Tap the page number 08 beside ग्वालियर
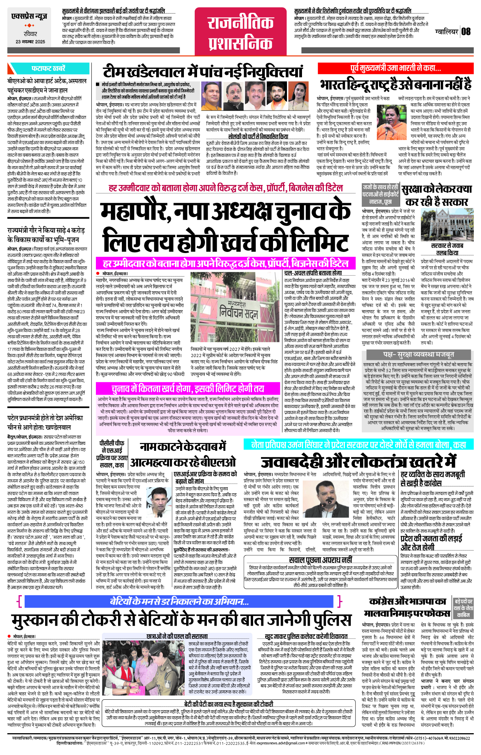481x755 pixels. click(x=466, y=31)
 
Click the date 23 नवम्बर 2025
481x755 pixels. click(x=30, y=42)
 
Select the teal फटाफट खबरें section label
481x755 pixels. click(x=48, y=68)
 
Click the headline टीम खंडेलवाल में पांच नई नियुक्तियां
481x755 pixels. click(x=203, y=72)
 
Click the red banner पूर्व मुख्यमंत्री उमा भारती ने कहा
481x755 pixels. click(x=395, y=68)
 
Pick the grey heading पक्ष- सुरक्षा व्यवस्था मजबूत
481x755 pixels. click(x=418, y=354)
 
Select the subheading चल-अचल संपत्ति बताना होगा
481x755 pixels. click(x=313, y=273)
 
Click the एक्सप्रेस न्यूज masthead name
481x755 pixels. click(x=29, y=17)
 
